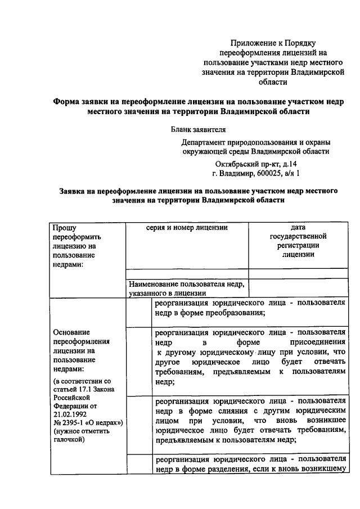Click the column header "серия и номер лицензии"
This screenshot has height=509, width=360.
[186, 228]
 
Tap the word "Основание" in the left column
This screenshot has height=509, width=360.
[71, 331]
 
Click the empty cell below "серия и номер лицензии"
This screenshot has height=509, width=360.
[186, 274]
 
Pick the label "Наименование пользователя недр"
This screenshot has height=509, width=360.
[186, 284]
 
